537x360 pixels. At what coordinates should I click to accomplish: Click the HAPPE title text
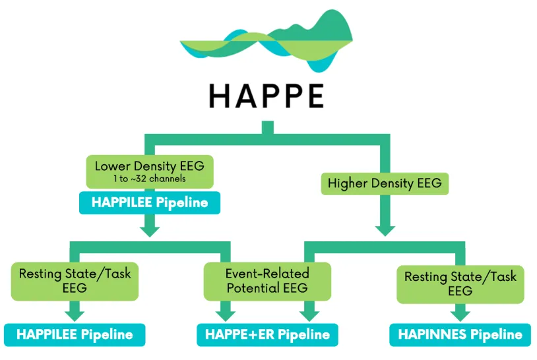point(267,96)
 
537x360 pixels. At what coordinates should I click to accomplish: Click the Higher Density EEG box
point(385,183)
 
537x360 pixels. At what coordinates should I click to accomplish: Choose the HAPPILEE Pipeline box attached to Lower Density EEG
point(150,203)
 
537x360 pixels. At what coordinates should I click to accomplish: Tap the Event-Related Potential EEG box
point(267,280)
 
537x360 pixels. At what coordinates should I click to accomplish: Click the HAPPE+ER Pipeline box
point(267,335)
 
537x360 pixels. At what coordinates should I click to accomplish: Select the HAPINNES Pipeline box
point(460,335)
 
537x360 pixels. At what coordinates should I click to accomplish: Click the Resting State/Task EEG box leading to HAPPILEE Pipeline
point(75,280)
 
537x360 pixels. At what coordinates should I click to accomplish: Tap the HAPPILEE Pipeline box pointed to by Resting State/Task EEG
point(74,335)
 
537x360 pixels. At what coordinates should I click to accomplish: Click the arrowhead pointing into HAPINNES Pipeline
point(460,315)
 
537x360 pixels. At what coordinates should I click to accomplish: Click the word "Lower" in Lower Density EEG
point(113,166)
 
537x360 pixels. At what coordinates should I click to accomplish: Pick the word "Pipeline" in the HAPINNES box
point(495,335)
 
